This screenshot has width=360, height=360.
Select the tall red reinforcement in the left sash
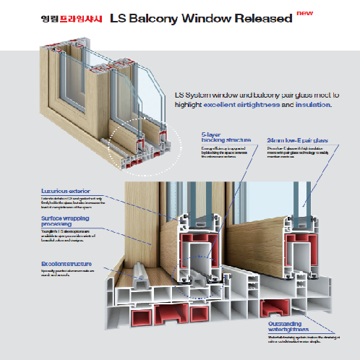pyautogui.click(x=194, y=246)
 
